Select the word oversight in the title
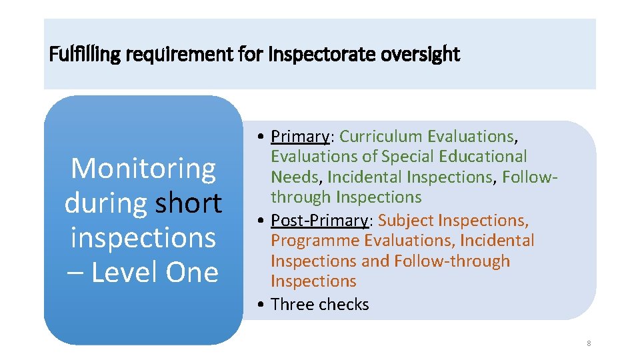[421, 54]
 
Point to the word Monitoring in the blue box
[143, 168]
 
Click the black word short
[189, 203]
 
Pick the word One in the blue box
[193, 272]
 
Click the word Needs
[296, 177]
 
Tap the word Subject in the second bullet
[405, 221]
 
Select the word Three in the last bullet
[293, 305]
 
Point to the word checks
[344, 305]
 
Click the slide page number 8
[589, 343]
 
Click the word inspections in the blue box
[143, 237]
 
